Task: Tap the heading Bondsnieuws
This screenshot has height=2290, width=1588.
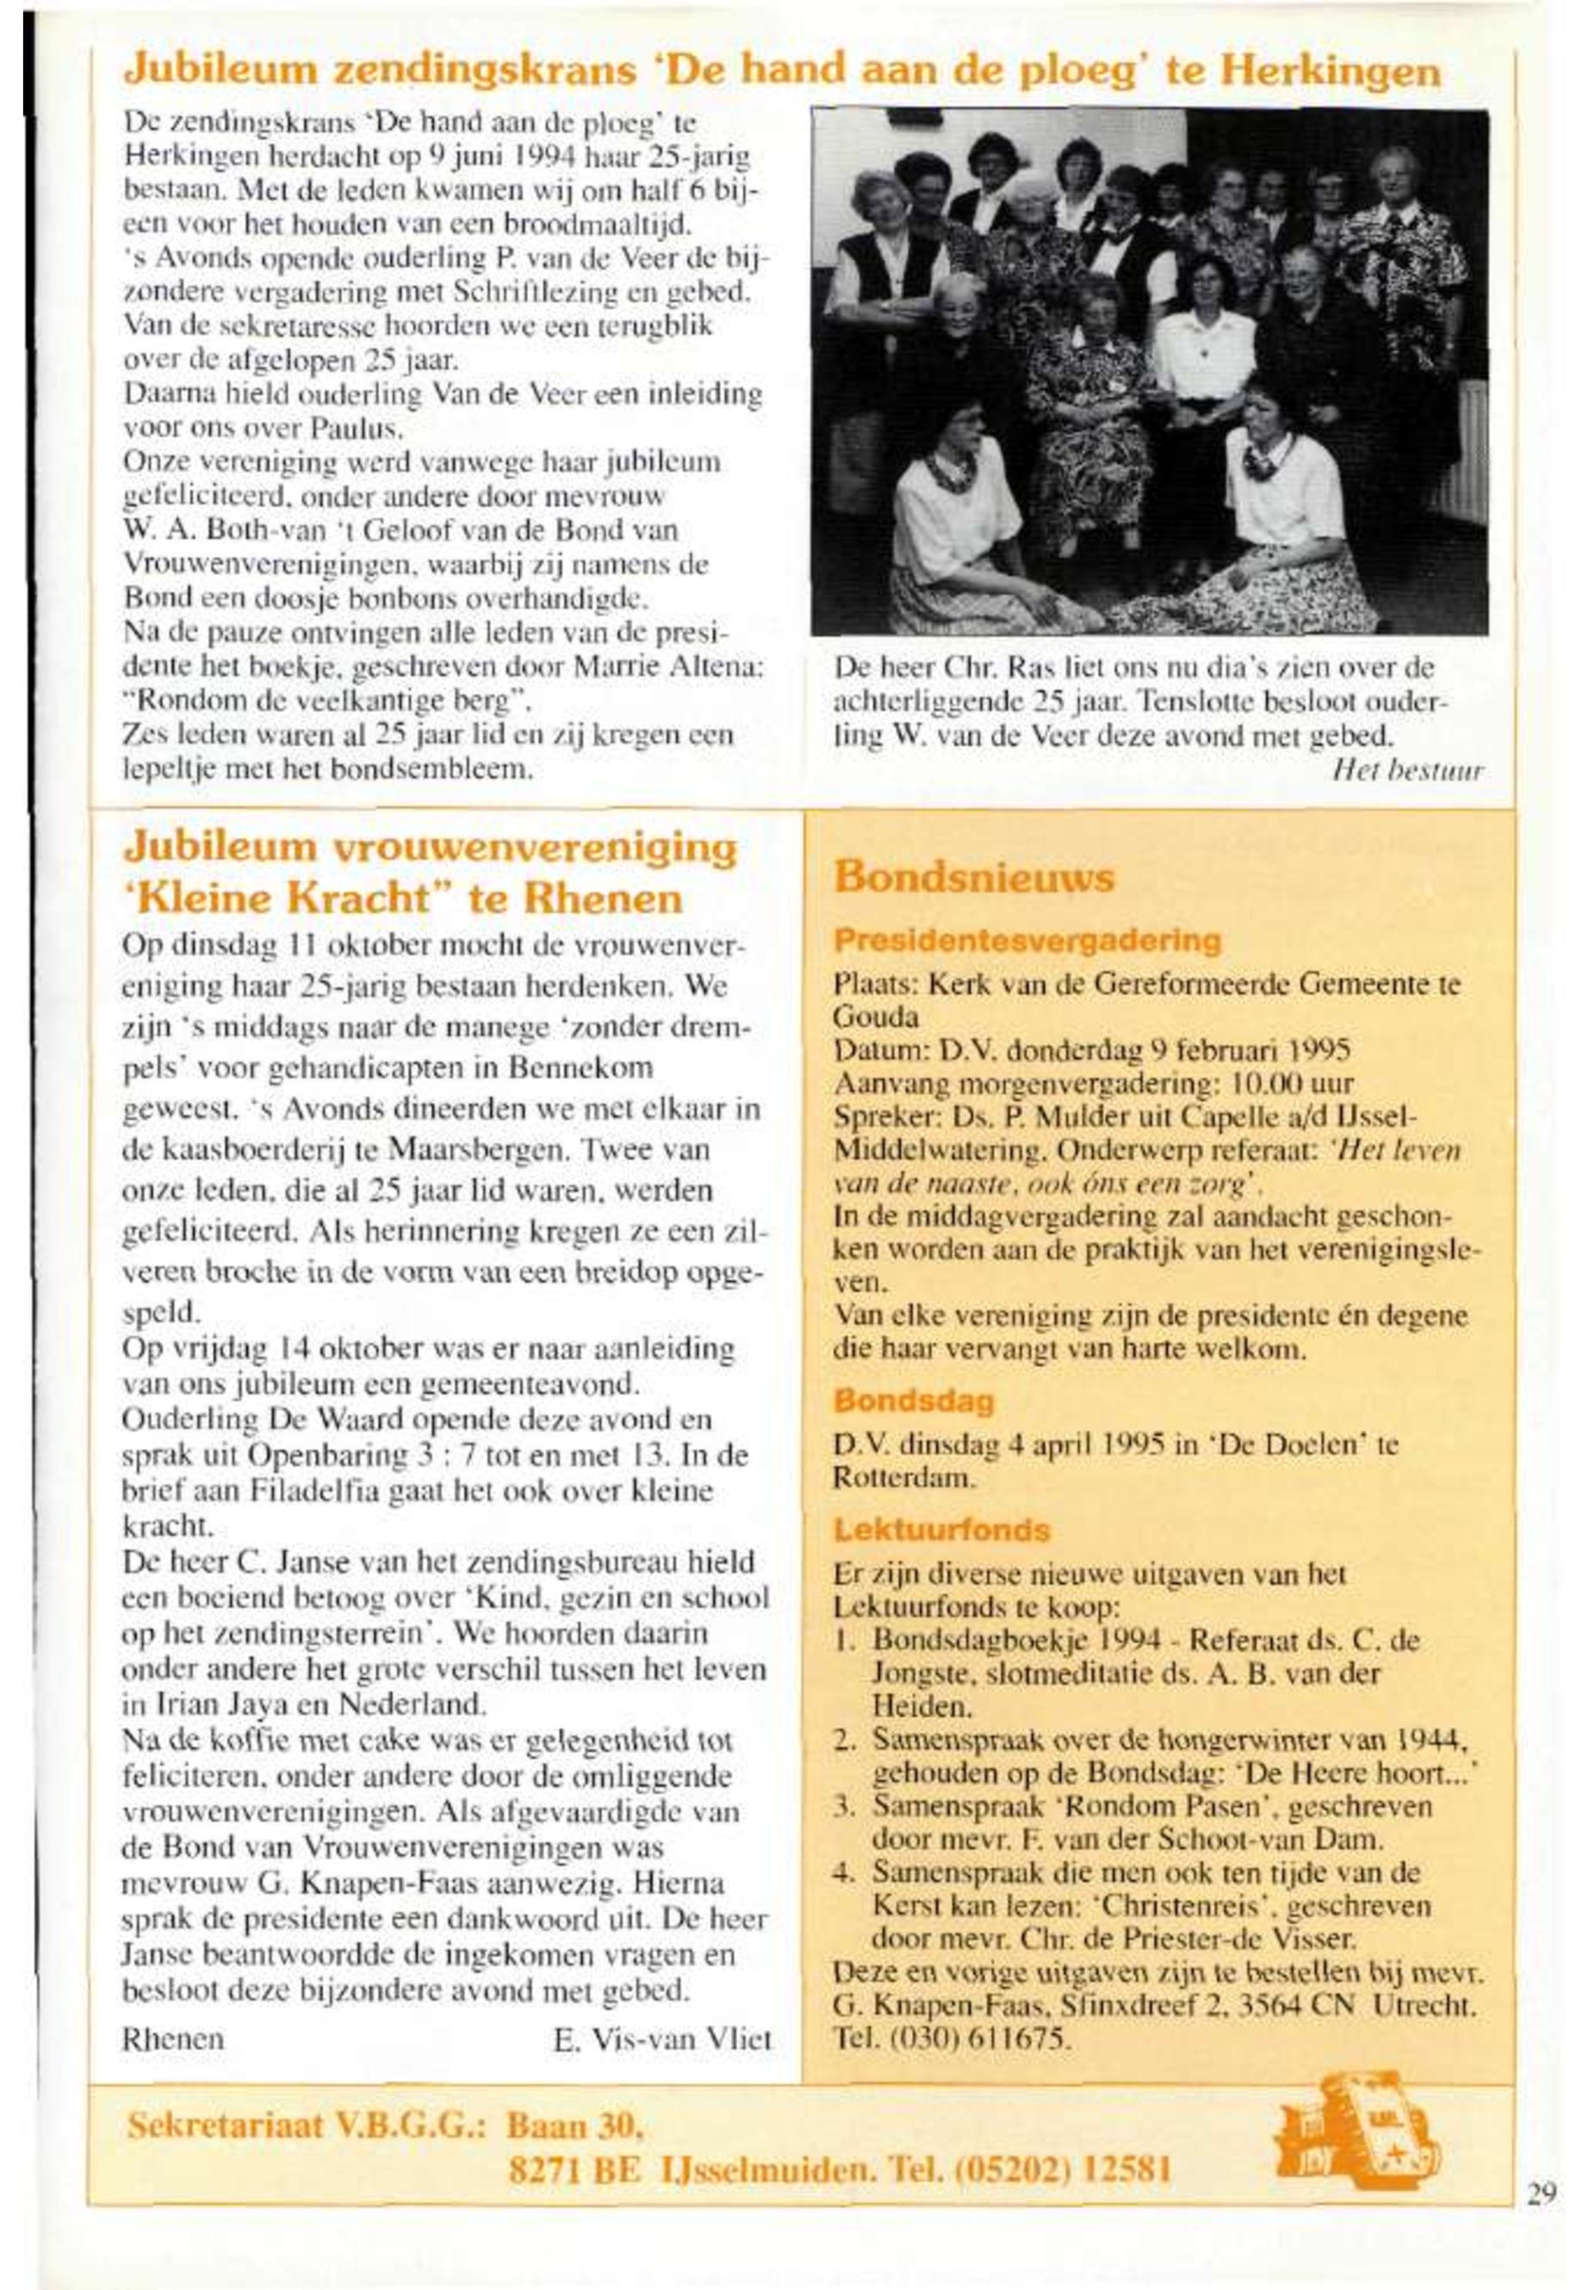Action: click(x=974, y=879)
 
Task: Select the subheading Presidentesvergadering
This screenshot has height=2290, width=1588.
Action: click(x=1027, y=940)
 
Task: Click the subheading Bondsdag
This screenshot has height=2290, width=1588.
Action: click(x=914, y=1402)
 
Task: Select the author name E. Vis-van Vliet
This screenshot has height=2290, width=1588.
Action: click(x=663, y=2039)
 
